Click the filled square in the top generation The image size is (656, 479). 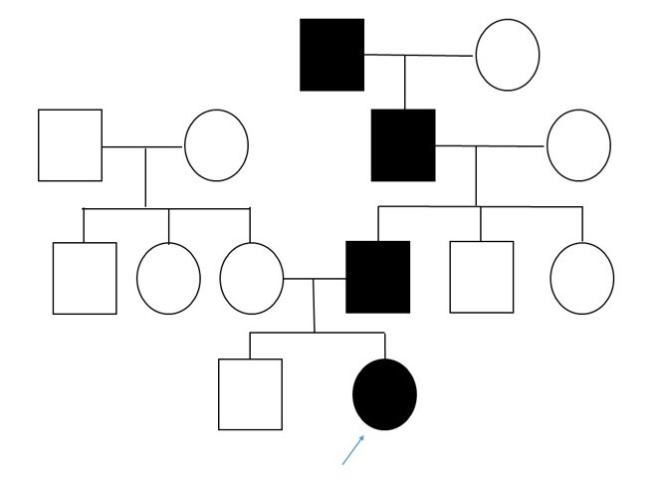[331, 55]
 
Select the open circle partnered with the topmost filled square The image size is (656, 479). [507, 55]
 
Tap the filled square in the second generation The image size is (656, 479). [403, 145]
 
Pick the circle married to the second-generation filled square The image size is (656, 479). [578, 145]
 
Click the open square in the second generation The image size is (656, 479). [70, 145]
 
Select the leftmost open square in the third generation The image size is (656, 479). [85, 278]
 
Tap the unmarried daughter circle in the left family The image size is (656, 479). [168, 278]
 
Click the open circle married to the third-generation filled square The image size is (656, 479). [251, 278]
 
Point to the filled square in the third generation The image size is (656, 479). [377, 277]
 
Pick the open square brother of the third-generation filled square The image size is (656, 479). [482, 277]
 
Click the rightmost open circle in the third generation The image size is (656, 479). [582, 278]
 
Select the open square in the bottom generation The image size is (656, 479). [250, 394]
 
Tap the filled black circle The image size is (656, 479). [384, 394]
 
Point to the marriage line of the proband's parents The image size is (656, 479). [315, 279]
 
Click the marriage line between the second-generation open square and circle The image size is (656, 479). [142, 146]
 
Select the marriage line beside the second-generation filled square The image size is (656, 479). [491, 146]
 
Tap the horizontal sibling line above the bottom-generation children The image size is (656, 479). [317, 333]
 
